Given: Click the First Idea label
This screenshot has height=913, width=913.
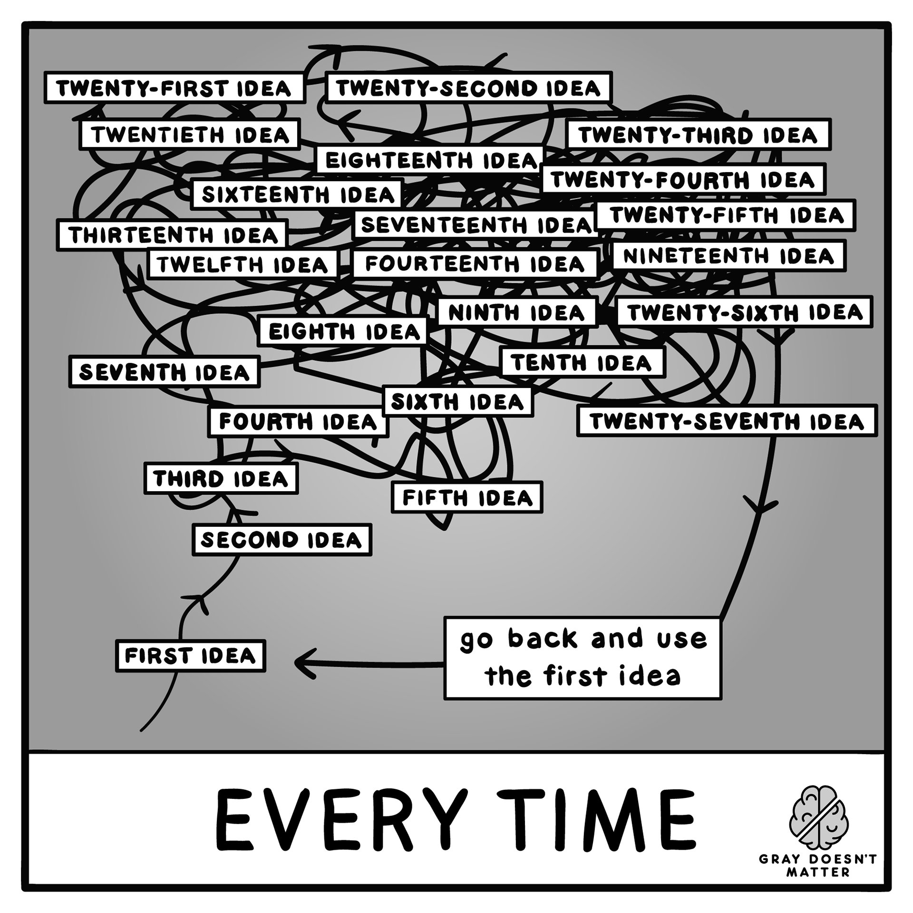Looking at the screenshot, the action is (x=190, y=656).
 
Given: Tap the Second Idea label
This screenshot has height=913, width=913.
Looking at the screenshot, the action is (x=282, y=540).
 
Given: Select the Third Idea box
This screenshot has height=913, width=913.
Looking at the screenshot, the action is (x=221, y=478).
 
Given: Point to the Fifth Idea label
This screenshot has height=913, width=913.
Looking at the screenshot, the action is (x=467, y=498).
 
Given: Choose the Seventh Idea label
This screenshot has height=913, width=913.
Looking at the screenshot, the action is (x=164, y=372).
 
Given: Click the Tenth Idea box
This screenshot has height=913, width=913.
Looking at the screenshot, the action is (x=583, y=363).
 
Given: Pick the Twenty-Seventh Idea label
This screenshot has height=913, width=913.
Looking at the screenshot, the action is (x=727, y=421).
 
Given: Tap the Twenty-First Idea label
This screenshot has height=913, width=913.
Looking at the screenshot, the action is (x=174, y=88).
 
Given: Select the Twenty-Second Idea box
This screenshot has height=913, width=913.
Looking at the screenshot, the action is (x=469, y=87).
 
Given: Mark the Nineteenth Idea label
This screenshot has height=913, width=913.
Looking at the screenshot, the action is (x=728, y=256).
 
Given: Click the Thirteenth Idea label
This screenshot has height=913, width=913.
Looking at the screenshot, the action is (x=172, y=235).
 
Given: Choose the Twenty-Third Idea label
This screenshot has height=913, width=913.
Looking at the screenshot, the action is (x=698, y=135).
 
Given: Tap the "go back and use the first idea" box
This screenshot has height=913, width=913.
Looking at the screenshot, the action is (x=583, y=658).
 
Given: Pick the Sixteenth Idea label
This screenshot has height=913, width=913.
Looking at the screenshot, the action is (x=297, y=194).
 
